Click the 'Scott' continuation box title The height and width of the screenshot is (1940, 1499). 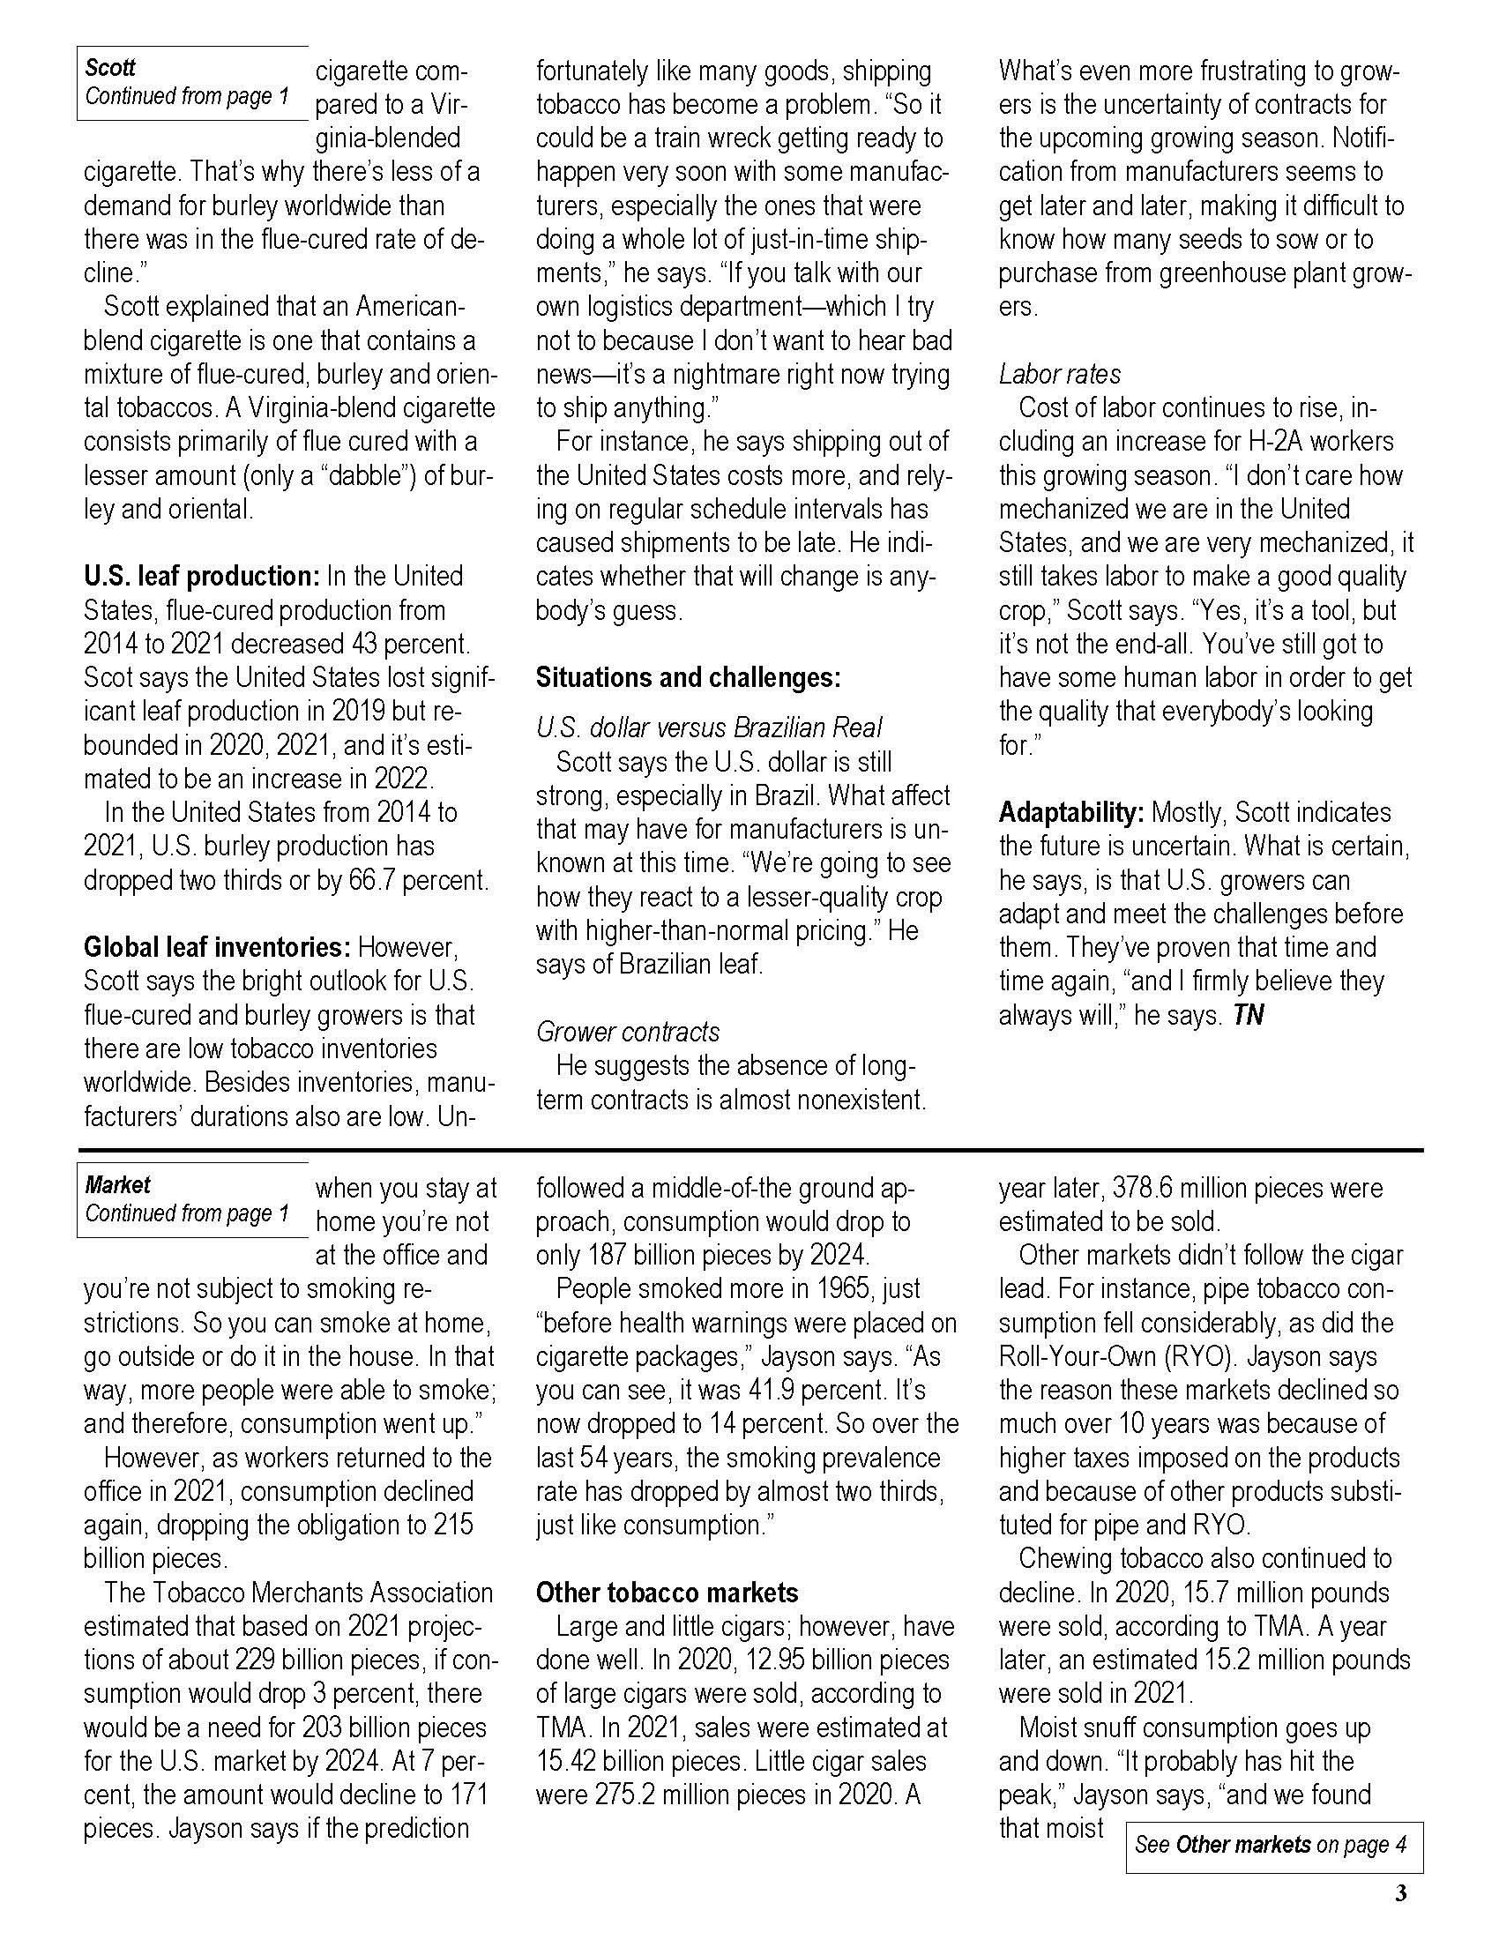point(110,68)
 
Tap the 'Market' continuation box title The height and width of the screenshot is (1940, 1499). point(117,1185)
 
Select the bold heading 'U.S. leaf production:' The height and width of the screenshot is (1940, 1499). point(202,577)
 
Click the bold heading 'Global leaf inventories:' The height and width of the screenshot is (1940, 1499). point(218,947)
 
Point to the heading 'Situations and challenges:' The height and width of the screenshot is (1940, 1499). point(689,678)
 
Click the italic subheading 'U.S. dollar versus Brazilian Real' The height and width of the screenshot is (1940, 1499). point(709,728)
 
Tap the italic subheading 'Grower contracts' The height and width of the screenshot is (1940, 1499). point(628,1033)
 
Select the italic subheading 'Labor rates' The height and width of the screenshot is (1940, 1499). point(1059,374)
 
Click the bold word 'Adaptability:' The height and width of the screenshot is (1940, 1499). point(1071,813)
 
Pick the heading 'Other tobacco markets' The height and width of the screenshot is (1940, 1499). point(667,1593)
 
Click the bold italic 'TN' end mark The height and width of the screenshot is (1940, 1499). point(1249,1015)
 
